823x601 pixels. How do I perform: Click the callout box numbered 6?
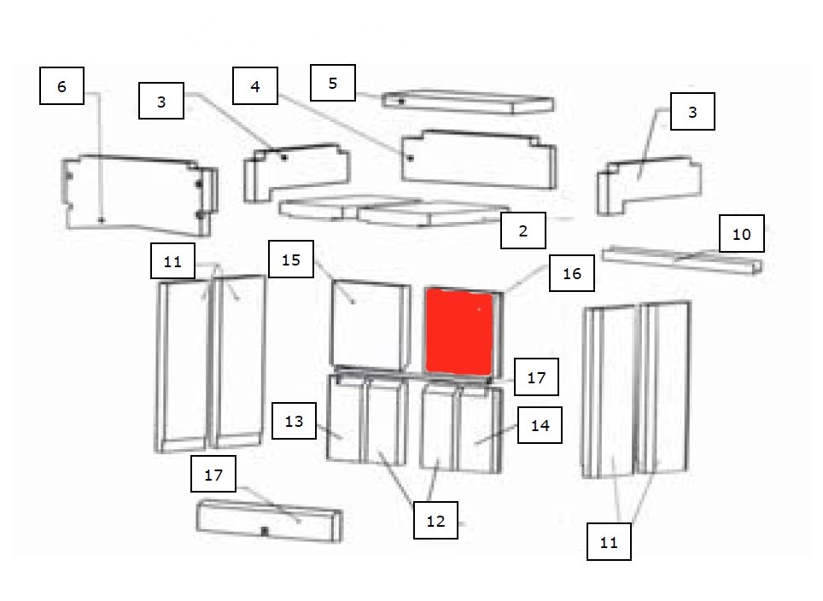point(62,85)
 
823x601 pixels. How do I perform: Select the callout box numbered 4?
point(255,85)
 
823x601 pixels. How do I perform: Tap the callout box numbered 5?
point(333,83)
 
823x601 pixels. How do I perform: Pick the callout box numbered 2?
point(523,230)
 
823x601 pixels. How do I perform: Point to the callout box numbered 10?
point(742,234)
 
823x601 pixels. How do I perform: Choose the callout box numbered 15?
point(291,260)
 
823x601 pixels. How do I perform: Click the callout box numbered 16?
point(572,273)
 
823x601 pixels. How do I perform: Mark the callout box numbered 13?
point(294,421)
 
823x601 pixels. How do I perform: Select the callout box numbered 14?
point(540,425)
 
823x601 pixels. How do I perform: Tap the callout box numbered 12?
point(435,520)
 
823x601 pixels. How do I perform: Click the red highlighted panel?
point(458,332)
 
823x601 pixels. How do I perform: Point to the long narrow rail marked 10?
point(681,260)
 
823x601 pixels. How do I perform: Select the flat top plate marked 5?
point(467,102)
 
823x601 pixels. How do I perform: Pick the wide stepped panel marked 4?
point(479,159)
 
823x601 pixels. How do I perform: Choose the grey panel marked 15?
point(371,325)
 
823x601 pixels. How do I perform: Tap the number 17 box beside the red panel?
point(536,376)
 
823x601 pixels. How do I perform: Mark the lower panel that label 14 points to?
point(480,429)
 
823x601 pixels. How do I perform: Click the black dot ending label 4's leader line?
point(411,157)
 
